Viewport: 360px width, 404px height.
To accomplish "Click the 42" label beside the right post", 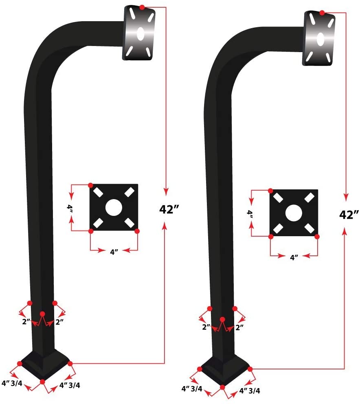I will click(349, 214).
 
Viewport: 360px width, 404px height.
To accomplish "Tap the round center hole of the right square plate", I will click(293, 213).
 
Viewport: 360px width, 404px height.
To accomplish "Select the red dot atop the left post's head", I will click(141, 7).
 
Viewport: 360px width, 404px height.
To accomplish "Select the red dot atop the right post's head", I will click(322, 13).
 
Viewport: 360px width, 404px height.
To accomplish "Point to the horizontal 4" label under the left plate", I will click(114, 252).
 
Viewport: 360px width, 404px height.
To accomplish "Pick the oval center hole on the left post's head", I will click(140, 34).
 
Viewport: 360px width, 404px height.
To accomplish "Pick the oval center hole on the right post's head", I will click(320, 39).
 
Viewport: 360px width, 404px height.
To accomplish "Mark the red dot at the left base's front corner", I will click(43, 382).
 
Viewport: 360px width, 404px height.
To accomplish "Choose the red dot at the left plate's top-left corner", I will click(91, 185).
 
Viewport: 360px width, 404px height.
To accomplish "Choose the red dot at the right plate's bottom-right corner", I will click(317, 236).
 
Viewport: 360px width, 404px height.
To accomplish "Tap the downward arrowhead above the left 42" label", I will click(165, 191).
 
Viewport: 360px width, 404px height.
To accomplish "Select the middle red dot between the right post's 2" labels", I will click(222, 319).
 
